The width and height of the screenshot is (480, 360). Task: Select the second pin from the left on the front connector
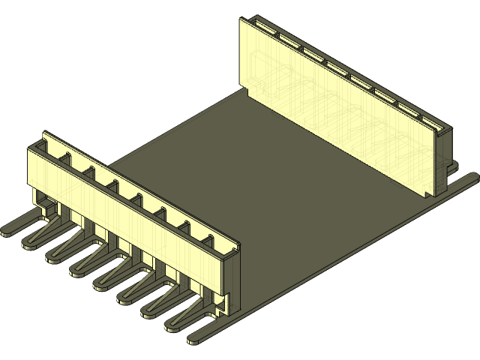click(x=31, y=241)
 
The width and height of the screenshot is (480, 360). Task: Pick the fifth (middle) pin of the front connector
click(x=102, y=283)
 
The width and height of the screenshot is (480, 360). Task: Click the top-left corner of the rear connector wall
click(x=241, y=19)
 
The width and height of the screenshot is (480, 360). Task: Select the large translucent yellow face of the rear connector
click(x=337, y=105)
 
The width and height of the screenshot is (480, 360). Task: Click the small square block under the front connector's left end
click(x=46, y=203)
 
